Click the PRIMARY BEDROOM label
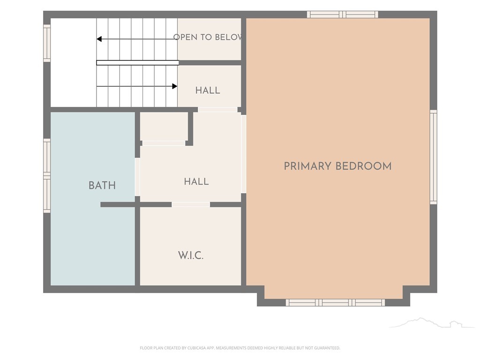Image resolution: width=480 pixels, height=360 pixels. tap(337, 166)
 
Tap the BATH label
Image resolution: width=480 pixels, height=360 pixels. tap(102, 186)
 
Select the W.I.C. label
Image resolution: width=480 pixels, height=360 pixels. tap(191, 255)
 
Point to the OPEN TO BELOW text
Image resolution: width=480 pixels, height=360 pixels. tap(208, 37)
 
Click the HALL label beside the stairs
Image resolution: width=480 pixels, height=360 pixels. tap(208, 90)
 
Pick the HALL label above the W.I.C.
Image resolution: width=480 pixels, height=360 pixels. tap(196, 181)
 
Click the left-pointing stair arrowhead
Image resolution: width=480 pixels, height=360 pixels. tap(99, 39)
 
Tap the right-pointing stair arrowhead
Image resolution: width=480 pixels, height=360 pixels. tap(175, 86)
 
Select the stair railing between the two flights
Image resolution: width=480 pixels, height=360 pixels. tap(137, 63)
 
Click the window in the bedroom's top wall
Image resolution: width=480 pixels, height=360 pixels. tap(343, 15)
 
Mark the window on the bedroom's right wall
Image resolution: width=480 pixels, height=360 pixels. tap(434, 157)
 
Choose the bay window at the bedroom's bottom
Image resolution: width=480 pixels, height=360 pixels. tap(335, 303)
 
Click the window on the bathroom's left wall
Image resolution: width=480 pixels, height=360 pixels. tap(47, 176)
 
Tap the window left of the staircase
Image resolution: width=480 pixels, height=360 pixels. tap(47, 43)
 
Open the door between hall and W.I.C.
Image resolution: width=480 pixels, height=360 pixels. tap(191, 204)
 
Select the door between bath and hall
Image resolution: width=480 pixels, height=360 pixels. tap(137, 177)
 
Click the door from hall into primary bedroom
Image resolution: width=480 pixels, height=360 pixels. tap(244, 154)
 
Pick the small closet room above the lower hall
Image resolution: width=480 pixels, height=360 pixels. tap(164, 127)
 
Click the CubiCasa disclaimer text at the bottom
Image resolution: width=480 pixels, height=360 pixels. tap(240, 348)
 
